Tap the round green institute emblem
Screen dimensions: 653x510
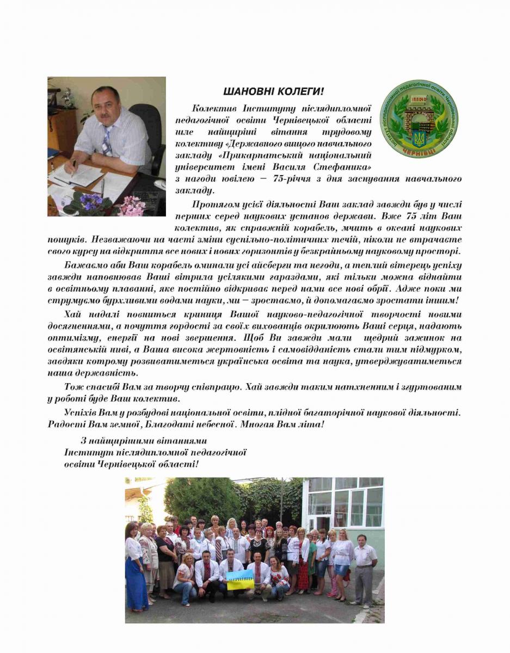point(419,119)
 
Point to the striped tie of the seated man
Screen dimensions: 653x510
point(107,142)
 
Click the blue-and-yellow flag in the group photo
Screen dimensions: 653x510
point(240,580)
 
